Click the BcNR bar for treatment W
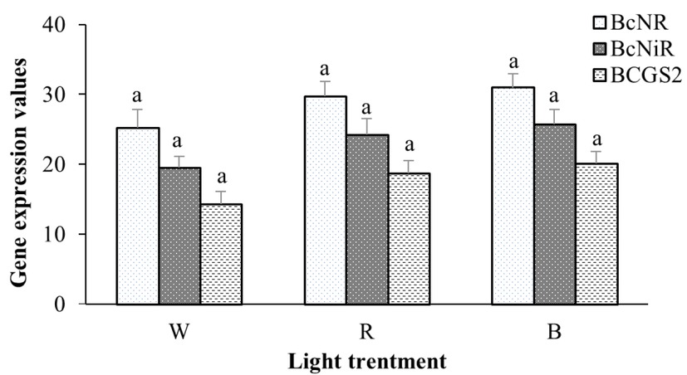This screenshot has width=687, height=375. point(139,216)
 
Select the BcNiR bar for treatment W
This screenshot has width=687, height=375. point(180,236)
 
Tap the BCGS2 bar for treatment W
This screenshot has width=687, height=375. point(221,254)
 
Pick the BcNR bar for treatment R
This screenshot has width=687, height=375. point(326,200)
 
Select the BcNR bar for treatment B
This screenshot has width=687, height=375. point(514,196)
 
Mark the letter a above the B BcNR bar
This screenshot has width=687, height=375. point(514,61)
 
